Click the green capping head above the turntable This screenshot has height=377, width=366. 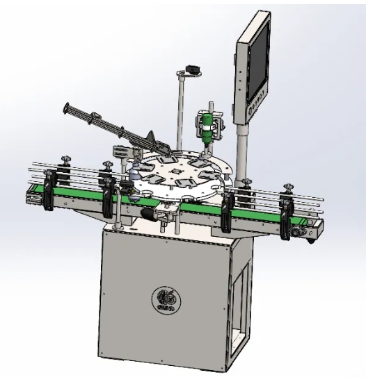206,128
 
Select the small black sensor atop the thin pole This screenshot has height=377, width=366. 193,69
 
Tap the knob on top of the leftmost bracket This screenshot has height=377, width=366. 64,161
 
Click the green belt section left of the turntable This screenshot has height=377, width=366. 77,194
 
